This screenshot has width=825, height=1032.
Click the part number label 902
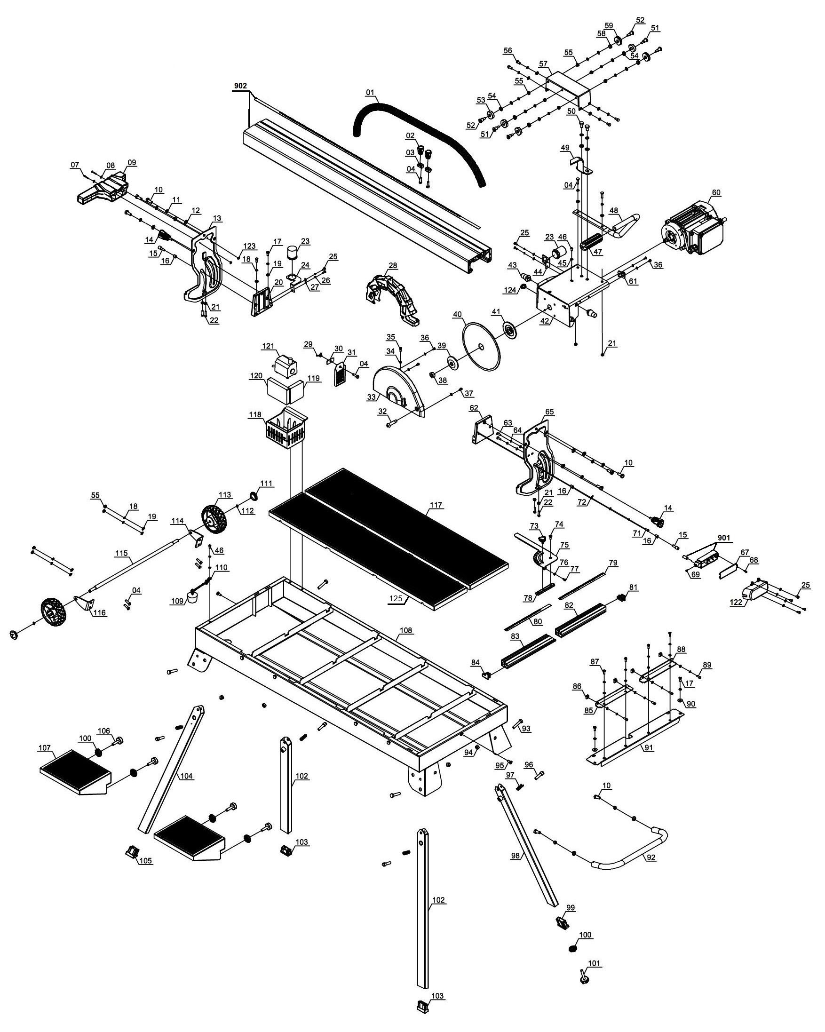click(240, 86)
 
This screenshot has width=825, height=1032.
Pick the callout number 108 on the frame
click(405, 630)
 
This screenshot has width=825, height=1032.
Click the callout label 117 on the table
click(436, 505)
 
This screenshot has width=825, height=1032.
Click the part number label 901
click(724, 538)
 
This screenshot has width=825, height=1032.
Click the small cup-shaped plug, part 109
click(193, 597)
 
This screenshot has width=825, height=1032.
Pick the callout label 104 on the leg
click(187, 776)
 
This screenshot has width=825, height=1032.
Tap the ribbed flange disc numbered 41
click(512, 330)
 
